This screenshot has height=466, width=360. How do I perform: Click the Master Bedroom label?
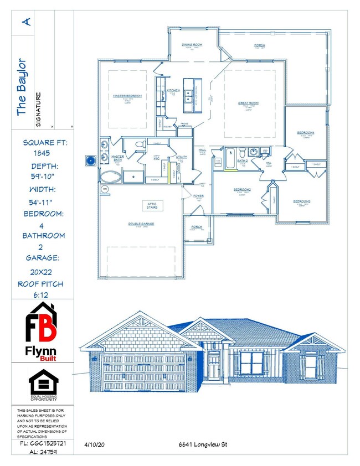[x=127, y=96]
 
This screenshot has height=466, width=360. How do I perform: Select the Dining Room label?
[x=192, y=44]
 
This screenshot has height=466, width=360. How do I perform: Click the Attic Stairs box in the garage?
[x=152, y=206]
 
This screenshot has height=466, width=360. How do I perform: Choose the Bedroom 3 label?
[x=302, y=201]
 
